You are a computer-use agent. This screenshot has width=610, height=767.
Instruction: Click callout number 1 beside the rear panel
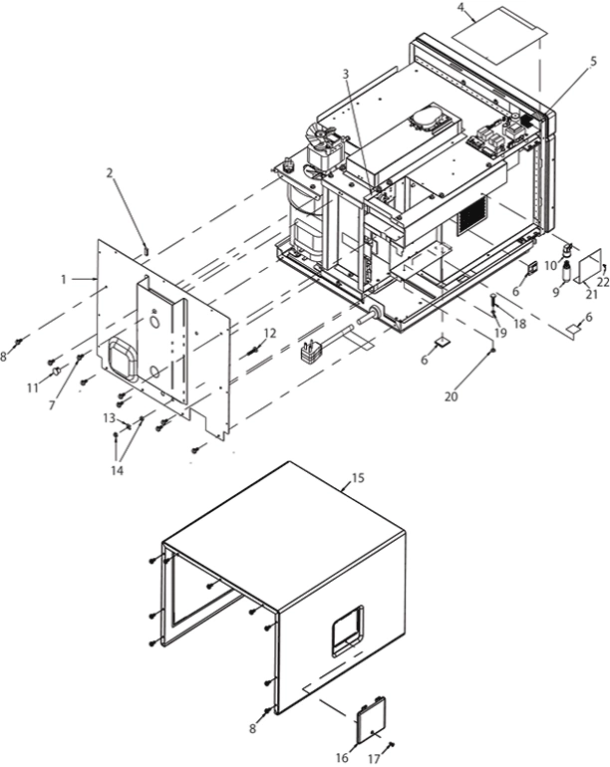click(63, 280)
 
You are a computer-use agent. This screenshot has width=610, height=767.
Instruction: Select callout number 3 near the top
click(345, 74)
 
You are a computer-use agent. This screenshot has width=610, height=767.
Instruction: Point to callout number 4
click(461, 8)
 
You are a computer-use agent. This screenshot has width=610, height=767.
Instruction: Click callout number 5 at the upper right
click(594, 61)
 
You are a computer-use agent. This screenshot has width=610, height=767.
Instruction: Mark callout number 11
click(32, 386)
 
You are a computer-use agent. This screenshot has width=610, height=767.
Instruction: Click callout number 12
click(271, 333)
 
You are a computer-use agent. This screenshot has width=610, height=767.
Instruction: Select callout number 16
click(343, 758)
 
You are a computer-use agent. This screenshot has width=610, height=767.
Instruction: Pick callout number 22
click(603, 282)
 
